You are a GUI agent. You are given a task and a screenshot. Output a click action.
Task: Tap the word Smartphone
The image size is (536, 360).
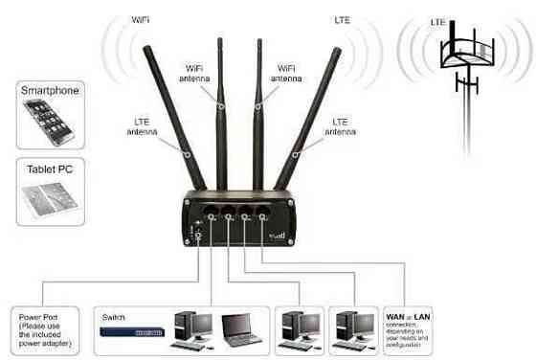click(x=50, y=91)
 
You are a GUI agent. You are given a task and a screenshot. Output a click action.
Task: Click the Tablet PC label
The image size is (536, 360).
click(x=50, y=168)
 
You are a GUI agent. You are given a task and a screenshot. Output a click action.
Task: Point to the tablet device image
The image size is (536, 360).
click(x=50, y=195)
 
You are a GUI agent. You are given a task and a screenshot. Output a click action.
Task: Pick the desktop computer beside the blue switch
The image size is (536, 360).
click(x=191, y=329)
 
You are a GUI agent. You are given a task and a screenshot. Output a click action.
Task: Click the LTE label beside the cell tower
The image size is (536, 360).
click(x=438, y=21)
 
